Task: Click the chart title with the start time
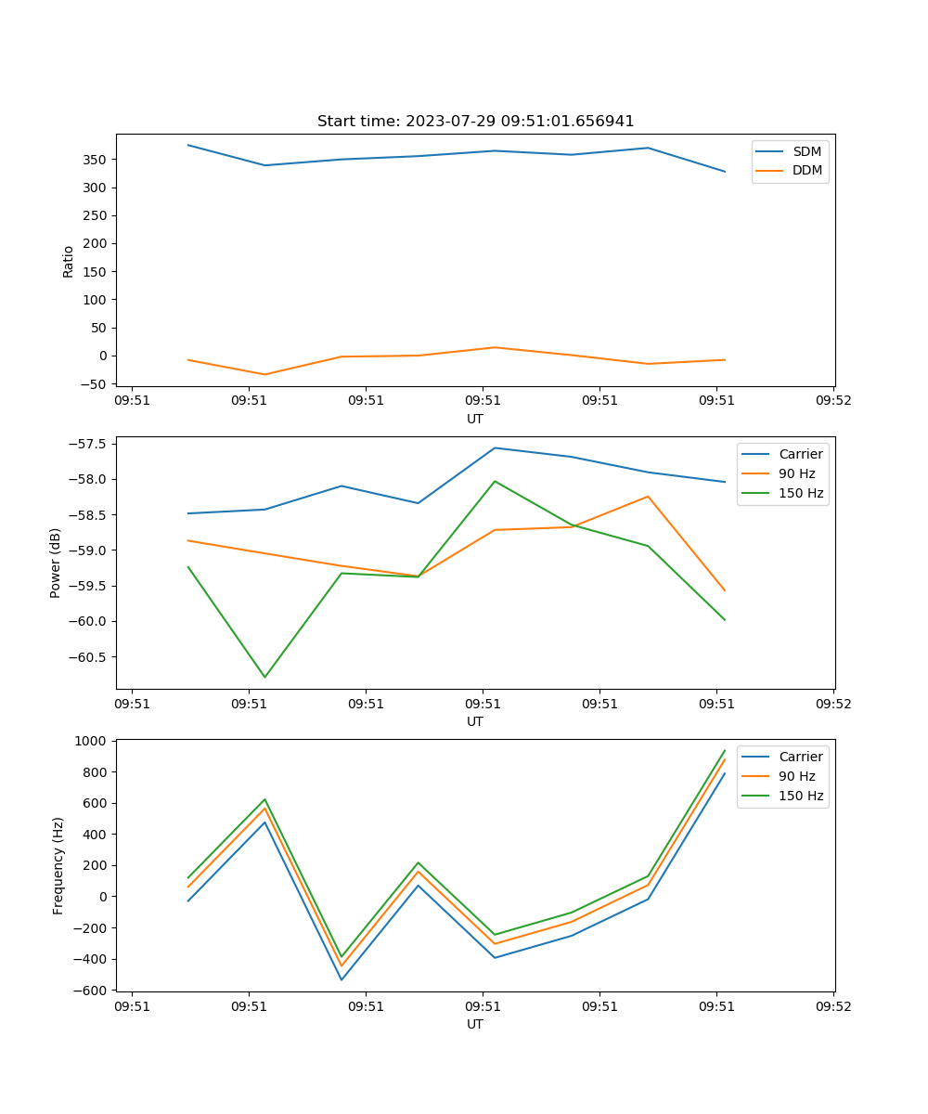pos(475,122)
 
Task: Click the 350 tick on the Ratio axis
pos(97,160)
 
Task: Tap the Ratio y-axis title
pos(68,261)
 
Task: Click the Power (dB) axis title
pos(56,563)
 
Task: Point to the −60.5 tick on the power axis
pos(89,657)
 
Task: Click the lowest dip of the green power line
pos(264,677)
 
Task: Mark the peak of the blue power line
pos(495,447)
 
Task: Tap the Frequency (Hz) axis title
pos(58,865)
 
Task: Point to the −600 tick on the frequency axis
pos(93,991)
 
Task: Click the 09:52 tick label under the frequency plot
pos(832,1005)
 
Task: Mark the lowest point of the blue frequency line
pos(342,979)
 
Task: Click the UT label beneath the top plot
pos(475,419)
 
